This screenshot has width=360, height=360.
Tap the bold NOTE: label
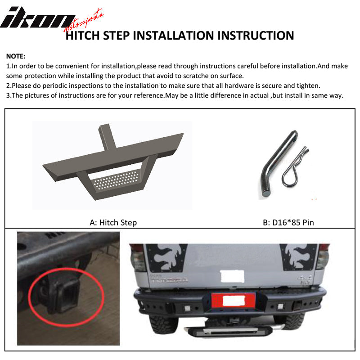16,57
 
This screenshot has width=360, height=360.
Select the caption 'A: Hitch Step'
113,222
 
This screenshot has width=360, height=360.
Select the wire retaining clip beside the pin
296,166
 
